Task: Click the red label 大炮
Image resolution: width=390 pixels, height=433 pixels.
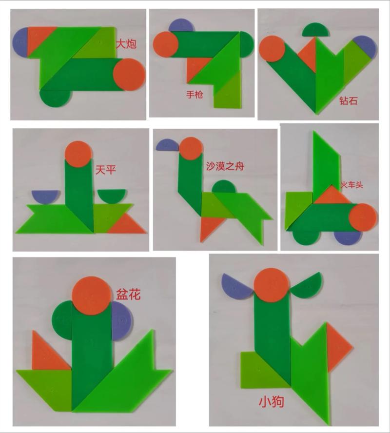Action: (125, 44)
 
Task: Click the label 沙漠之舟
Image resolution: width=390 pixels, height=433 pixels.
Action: (224, 166)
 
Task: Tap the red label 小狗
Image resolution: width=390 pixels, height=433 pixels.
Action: (272, 402)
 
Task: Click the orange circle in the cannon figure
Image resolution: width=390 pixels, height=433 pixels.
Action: (129, 74)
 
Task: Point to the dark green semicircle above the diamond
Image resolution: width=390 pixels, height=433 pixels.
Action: (315, 31)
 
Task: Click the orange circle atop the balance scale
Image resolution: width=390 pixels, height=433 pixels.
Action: (78, 154)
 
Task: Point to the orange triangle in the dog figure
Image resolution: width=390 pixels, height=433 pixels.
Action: (337, 347)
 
